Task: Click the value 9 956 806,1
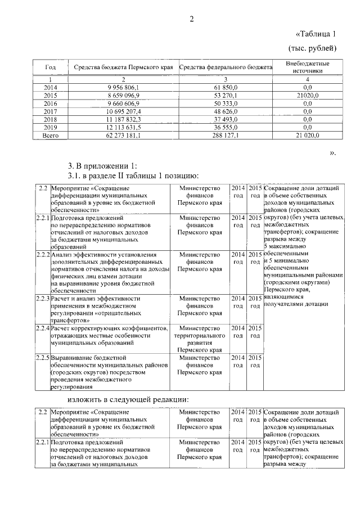[123, 88]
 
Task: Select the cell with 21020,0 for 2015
[307, 96]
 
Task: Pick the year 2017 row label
[50, 112]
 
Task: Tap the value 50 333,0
[226, 104]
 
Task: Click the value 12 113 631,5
[123, 128]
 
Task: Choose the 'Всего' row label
[50, 136]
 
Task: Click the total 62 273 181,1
[123, 136]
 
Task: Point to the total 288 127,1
[226, 136]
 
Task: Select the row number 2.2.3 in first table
[42, 298]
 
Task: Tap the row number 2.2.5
[42, 357]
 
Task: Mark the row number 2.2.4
[42, 328]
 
